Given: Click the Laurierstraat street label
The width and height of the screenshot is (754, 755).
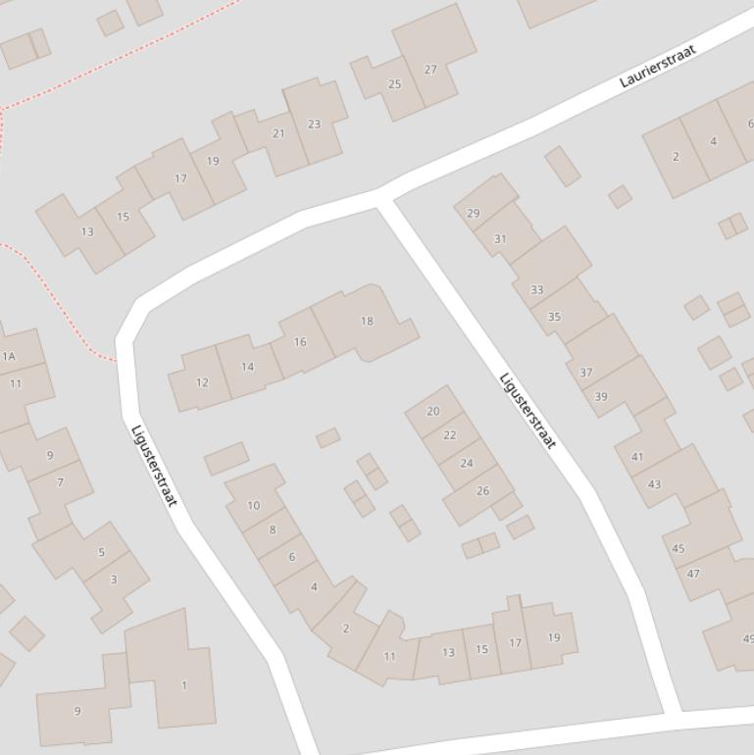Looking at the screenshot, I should tap(658, 66).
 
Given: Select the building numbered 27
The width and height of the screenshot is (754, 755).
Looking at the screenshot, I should tap(430, 70).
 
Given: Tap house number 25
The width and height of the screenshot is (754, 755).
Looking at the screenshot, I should tap(394, 84).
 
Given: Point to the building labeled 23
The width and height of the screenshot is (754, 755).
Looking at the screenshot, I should tap(314, 125).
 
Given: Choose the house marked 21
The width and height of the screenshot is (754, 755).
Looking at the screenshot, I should tap(278, 133).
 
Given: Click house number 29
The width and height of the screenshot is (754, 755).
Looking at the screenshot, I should tap(474, 213).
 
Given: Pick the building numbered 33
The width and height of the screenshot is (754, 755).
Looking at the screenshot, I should tap(536, 289).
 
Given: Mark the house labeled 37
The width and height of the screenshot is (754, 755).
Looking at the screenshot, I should tap(586, 373).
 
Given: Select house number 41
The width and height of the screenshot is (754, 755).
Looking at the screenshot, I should tap(637, 457).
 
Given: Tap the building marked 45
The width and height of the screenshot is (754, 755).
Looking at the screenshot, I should tap(679, 548).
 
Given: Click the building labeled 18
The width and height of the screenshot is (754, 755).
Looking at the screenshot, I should tap(367, 321).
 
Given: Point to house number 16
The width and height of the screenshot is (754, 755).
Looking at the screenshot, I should tap(300, 342).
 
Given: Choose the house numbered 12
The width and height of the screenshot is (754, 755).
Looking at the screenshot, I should tap(202, 382).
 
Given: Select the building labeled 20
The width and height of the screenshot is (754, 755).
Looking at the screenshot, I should tap(433, 412).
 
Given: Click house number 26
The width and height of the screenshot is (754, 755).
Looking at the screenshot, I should tap(482, 490).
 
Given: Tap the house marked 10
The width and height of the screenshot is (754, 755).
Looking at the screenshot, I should tap(254, 506).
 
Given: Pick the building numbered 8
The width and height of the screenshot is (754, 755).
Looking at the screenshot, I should tap(273, 529).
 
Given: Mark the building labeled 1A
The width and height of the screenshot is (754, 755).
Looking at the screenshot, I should tap(10, 356).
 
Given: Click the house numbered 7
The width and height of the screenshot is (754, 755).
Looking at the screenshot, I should tap(61, 482).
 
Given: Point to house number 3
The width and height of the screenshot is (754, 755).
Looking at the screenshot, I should tap(114, 579).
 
